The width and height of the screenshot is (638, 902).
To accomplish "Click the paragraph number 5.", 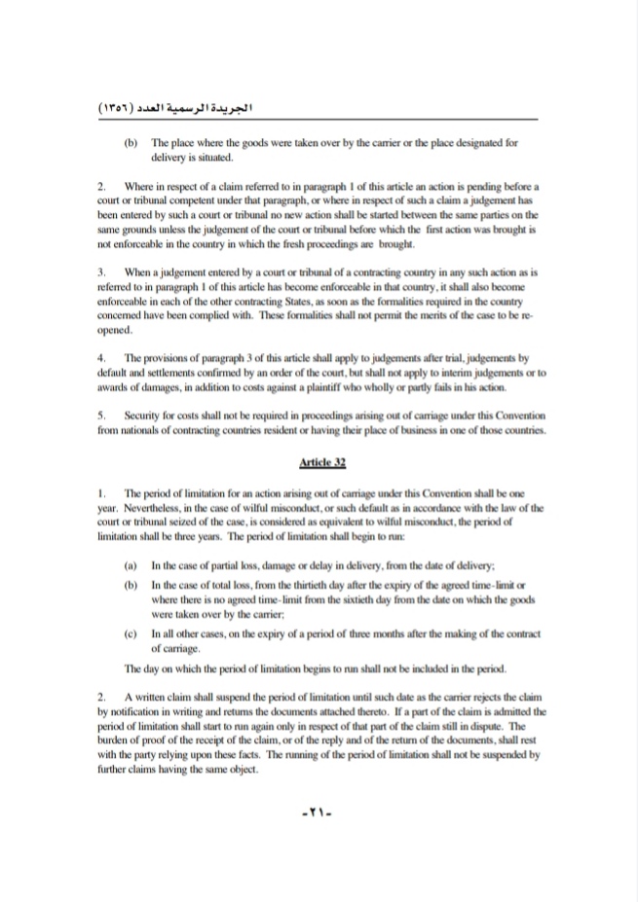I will pyautogui.click(x=101, y=415).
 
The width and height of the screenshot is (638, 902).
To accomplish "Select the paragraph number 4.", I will pyautogui.click(x=101, y=359).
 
